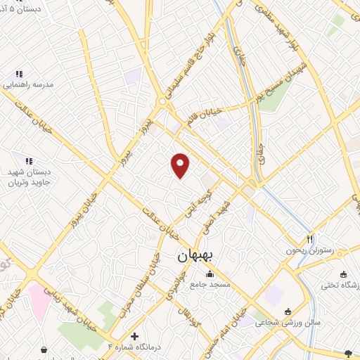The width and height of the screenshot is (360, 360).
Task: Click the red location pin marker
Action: tap(181, 165)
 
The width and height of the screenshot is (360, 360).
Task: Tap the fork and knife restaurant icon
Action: tap(310, 239)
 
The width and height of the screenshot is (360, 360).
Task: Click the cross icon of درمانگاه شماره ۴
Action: tap(134, 336)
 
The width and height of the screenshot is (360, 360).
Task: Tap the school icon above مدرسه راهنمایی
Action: tap(20, 72)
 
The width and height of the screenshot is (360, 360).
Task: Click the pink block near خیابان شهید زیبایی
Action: tap(39, 299)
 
